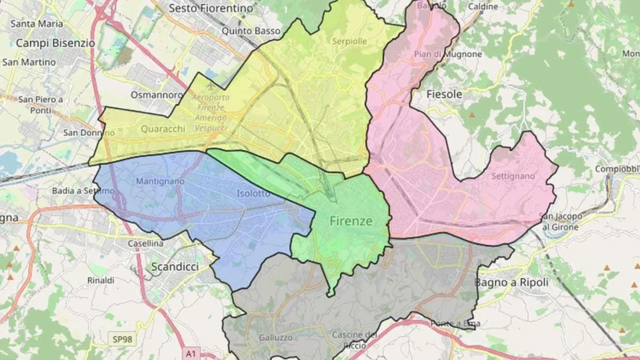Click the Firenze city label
click(x=350, y=221)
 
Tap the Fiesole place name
click(x=444, y=94)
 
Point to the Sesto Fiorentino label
click(x=210, y=8)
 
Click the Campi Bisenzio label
click(x=55, y=43)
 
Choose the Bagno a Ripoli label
click(x=511, y=283)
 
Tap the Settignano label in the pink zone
click(x=513, y=175)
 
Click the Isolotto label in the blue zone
click(x=253, y=193)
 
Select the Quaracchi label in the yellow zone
click(x=163, y=129)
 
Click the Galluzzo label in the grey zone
click(x=275, y=337)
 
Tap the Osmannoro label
click(x=157, y=94)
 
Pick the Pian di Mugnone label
click(x=447, y=54)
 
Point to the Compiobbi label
click(x=618, y=169)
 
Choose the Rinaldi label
click(x=101, y=280)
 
